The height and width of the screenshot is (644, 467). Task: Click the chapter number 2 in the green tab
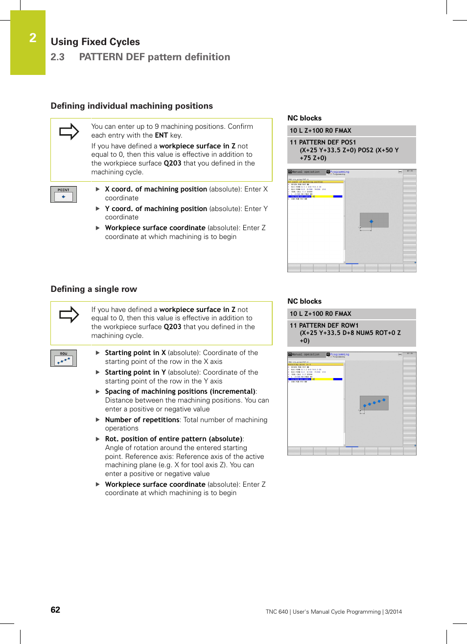point(33,38)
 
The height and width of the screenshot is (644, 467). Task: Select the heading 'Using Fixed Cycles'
point(95,42)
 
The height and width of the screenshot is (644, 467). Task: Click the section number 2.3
point(57,57)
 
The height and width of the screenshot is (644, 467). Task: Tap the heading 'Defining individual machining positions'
point(132,106)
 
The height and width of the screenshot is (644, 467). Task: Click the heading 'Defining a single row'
point(93,289)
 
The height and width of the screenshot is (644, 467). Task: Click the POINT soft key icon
point(64,194)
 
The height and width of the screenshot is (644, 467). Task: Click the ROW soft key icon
point(64,358)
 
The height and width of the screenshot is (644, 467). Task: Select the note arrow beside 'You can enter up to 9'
point(69,131)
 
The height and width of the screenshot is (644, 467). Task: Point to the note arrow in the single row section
point(69,314)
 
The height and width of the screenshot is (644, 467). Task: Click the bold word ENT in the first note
point(161,135)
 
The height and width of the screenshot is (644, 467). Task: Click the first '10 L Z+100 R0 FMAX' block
point(320,131)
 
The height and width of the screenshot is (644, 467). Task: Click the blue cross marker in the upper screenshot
point(371,222)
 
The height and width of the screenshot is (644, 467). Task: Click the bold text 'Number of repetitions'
point(142,420)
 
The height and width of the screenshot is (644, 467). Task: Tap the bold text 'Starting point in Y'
point(135,372)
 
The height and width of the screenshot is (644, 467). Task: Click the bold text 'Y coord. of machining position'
point(156,209)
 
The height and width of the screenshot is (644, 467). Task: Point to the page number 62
point(55,610)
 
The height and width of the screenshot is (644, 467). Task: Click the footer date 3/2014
point(393,612)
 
